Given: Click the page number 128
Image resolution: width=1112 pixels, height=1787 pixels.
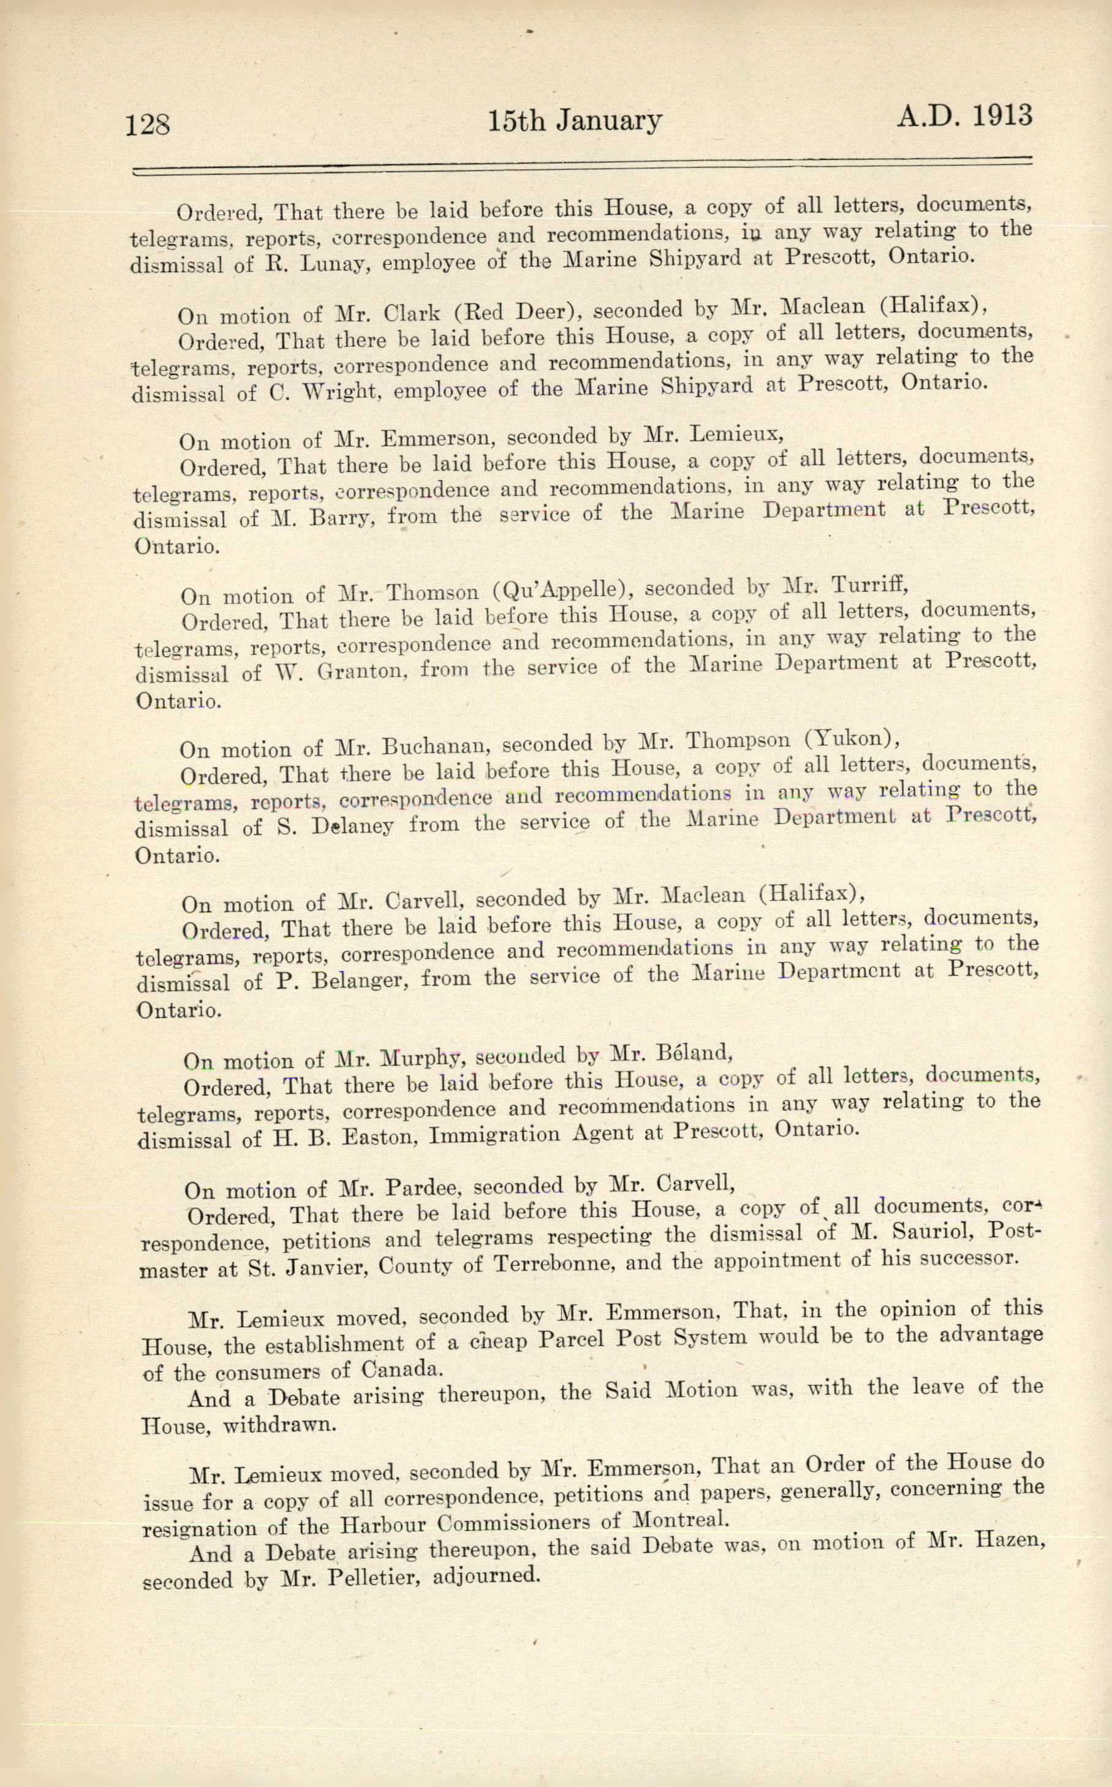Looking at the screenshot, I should (148, 124).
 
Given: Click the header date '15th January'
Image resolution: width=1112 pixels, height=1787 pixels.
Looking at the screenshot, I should (575, 121).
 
